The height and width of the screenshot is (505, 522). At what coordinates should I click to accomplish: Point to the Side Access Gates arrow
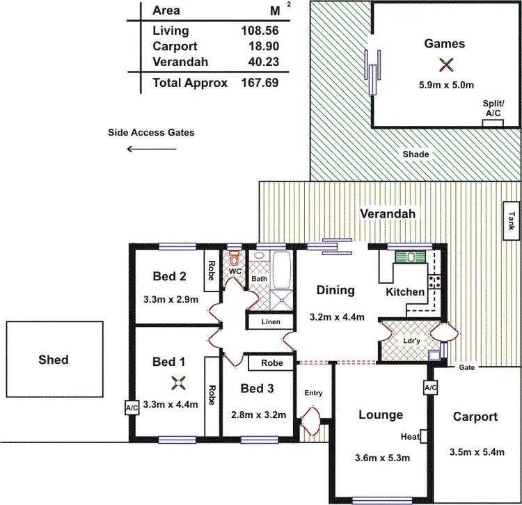[x=146, y=148]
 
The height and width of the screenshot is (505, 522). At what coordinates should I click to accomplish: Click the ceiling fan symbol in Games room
[x=445, y=65]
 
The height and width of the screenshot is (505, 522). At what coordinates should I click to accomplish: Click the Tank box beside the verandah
[x=512, y=221]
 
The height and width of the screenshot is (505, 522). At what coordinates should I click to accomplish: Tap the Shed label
[x=54, y=360]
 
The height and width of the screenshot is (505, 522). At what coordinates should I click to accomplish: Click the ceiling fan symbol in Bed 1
[x=179, y=382]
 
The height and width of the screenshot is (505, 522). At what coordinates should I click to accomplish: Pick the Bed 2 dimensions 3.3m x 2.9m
[x=170, y=300]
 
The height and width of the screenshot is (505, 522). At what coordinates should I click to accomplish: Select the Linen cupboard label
[x=271, y=322]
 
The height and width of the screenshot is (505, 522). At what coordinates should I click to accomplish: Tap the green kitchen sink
[x=410, y=257]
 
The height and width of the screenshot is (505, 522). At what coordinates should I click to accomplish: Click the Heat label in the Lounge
[x=409, y=437]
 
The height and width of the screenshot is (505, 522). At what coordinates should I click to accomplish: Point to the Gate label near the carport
[x=466, y=367]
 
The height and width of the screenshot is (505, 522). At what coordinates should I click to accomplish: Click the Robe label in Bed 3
[x=271, y=363]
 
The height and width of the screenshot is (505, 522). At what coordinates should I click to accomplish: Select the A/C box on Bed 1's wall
[x=132, y=407]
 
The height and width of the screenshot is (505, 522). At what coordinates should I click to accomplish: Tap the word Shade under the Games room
[x=416, y=154]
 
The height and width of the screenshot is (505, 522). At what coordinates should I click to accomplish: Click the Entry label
[x=313, y=393]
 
